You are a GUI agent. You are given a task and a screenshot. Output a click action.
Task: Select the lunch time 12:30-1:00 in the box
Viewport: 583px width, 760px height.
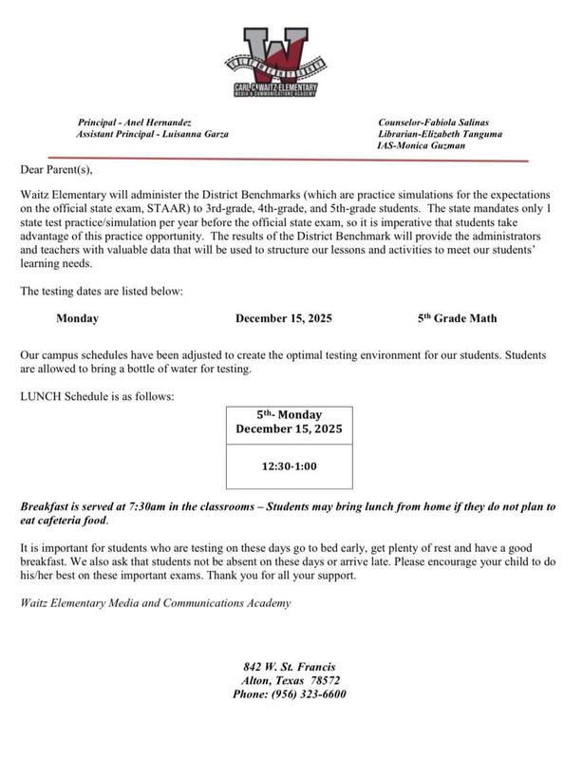point(290,467)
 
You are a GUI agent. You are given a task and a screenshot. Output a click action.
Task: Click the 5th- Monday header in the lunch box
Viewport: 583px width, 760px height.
point(290,415)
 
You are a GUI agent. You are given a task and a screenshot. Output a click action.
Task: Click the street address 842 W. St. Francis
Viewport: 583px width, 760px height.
point(290,668)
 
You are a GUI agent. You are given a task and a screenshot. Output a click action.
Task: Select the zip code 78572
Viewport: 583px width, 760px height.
point(324,680)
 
